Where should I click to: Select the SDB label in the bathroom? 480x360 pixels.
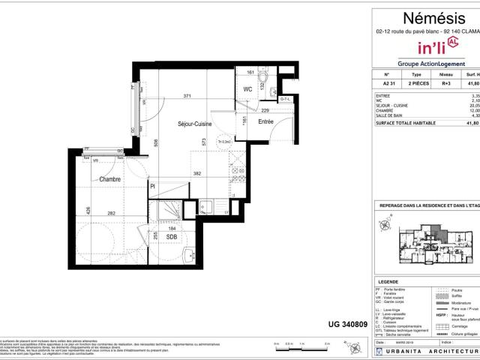click(x=172, y=236)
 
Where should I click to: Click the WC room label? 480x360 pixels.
click(x=247, y=90)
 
